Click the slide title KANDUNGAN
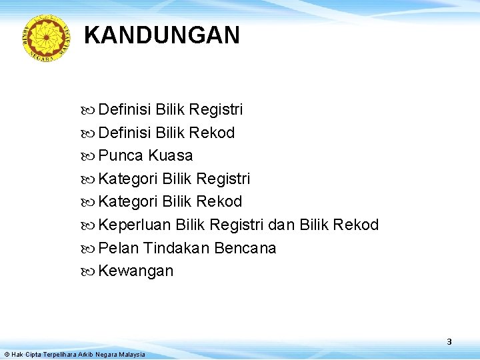pyautogui.click(x=162, y=35)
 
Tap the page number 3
pyautogui.click(x=449, y=341)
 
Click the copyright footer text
pyautogui.click(x=74, y=354)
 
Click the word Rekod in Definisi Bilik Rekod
pyautogui.click(x=212, y=133)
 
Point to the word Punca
pyautogui.click(x=121, y=156)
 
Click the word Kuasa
pyautogui.click(x=171, y=156)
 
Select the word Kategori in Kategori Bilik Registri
pyautogui.click(x=126, y=179)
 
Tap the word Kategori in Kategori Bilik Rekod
pyautogui.click(x=126, y=201)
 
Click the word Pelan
pyautogui.click(x=117, y=249)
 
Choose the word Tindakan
pyautogui.click(x=176, y=249)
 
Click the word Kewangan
pyautogui.click(x=135, y=271)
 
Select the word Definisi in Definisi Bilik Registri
pyautogui.click(x=125, y=109)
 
